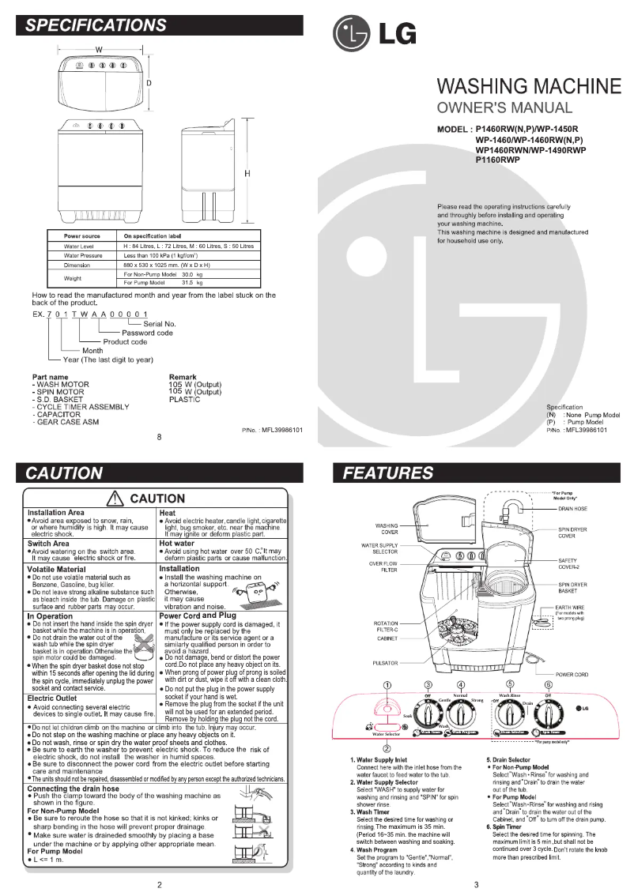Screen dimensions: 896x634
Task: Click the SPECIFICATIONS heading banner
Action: pyautogui.click(x=96, y=24)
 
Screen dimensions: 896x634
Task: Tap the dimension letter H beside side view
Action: pyautogui.click(x=247, y=173)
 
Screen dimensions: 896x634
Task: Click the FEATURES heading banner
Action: pyautogui.click(x=388, y=473)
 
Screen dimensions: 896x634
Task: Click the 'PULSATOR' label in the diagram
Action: pyautogui.click(x=385, y=663)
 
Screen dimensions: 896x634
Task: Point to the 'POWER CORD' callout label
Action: pyautogui.click(x=572, y=675)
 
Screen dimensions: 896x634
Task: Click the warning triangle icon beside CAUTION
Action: pyautogui.click(x=118, y=499)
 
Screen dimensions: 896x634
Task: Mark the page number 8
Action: pyautogui.click(x=160, y=436)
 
